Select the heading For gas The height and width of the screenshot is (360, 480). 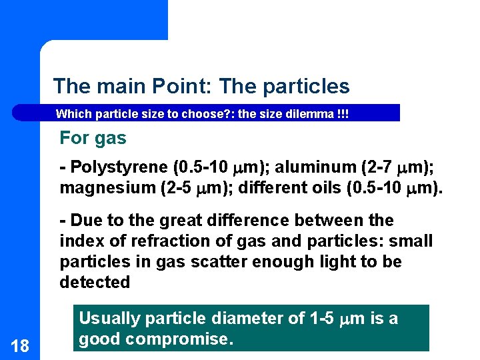click(93, 138)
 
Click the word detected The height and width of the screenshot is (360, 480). click(95, 282)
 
